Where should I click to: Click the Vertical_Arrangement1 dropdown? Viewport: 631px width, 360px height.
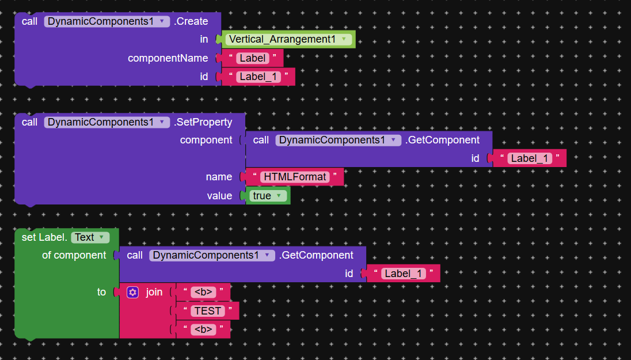coord(288,39)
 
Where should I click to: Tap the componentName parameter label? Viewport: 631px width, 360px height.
coord(168,58)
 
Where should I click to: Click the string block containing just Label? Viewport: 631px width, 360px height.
coord(253,58)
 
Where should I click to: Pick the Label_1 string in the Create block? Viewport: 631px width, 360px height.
coord(259,77)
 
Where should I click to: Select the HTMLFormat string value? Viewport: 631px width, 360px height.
coord(295,177)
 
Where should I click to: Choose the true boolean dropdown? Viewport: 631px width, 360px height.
coord(269,196)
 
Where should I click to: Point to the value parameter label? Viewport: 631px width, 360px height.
coord(219,196)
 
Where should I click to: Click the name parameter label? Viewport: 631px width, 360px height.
coord(219,177)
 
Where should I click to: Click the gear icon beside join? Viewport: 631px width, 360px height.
coord(133,292)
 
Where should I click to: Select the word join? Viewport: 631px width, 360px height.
coord(154,292)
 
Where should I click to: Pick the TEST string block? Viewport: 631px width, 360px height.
coord(207,311)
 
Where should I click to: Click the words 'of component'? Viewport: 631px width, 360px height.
coord(74,255)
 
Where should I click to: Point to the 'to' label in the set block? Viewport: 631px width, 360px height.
coord(101,292)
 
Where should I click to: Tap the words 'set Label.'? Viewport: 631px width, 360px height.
coord(45,237)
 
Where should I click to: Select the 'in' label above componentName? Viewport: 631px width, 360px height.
coord(204,39)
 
